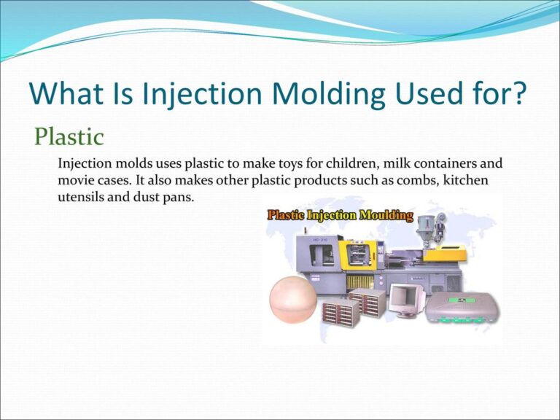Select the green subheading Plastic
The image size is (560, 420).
70,136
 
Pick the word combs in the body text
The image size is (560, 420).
408,179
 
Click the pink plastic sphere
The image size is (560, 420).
294,300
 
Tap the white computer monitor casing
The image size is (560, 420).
405,300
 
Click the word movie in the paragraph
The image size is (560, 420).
76,179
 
